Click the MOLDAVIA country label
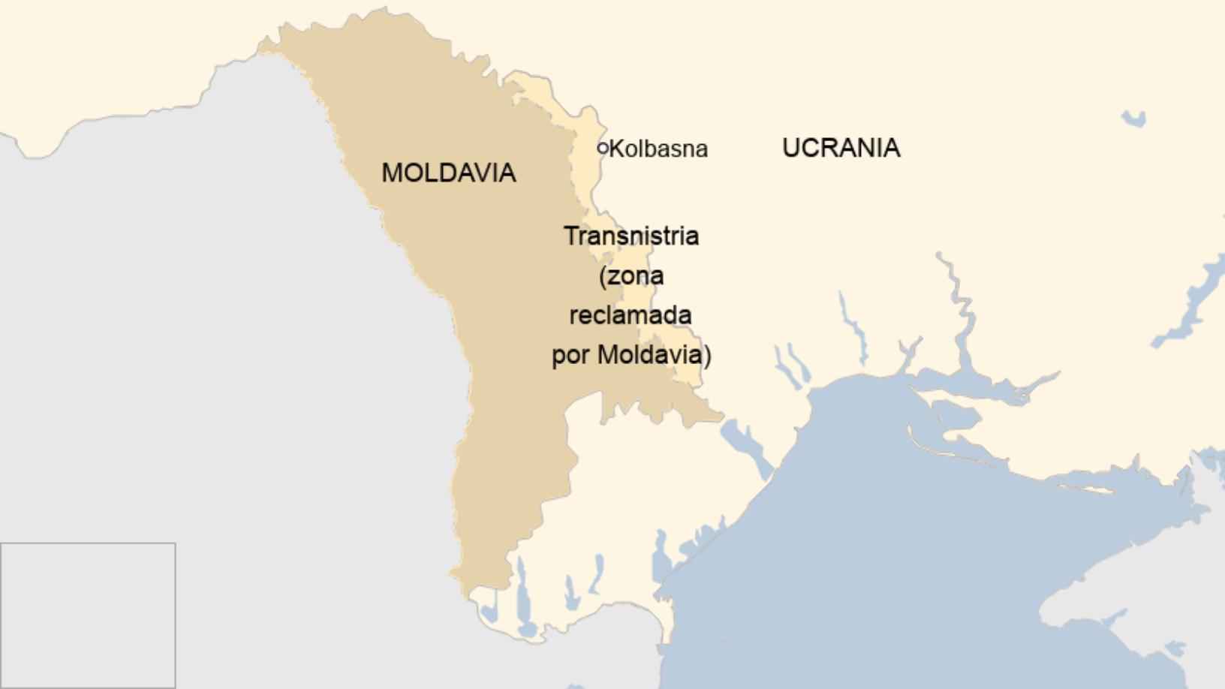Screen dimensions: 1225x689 click(448, 173)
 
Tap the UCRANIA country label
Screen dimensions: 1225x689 click(841, 148)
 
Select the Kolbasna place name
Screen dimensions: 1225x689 click(658, 149)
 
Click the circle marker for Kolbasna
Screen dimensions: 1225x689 click(602, 148)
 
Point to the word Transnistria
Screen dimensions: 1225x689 click(631, 236)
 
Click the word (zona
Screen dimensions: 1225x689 click(631, 276)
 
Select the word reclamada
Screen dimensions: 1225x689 click(631, 315)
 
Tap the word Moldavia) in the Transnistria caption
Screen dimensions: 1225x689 click(654, 355)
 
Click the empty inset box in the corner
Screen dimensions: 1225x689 click(88, 615)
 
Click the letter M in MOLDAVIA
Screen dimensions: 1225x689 click(392, 173)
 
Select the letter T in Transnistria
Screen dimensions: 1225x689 click(570, 236)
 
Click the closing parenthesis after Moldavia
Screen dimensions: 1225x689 click(707, 355)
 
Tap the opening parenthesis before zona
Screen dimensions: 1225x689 click(603, 276)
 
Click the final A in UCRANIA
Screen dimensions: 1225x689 click(891, 148)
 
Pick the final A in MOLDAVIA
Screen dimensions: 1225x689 click(507, 173)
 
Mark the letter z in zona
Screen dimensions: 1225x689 click(613, 277)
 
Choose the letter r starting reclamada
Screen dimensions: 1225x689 click(573, 316)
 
